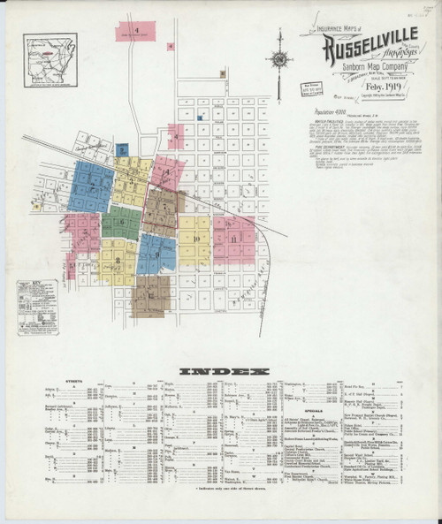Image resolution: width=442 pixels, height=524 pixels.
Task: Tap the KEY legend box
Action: pyautogui.click(x=34, y=296)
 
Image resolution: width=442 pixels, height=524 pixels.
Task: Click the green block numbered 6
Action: pyautogui.click(x=120, y=224)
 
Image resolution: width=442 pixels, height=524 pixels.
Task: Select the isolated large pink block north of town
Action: pyautogui.click(x=139, y=30)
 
